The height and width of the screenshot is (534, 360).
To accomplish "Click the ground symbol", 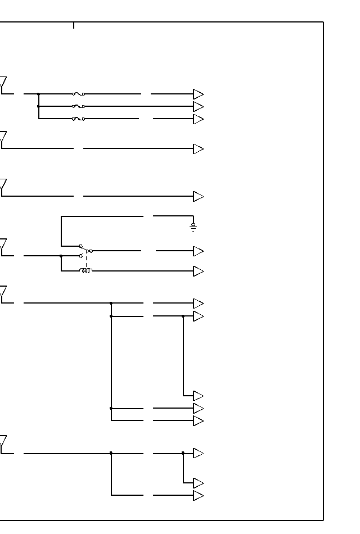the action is [x=193, y=227].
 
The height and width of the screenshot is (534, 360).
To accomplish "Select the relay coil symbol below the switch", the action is [x=85, y=271].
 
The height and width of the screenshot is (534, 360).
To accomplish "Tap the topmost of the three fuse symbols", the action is [x=78, y=94].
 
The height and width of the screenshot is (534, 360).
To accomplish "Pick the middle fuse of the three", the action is [x=78, y=106].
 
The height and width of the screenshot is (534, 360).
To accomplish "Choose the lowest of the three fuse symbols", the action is [x=78, y=119].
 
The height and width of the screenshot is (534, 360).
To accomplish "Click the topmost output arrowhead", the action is [x=198, y=94].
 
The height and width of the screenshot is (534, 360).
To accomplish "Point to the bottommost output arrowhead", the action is [x=198, y=495].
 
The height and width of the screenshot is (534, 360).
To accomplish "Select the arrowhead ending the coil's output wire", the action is [x=198, y=271].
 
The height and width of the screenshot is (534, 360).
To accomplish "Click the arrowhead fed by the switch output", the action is [x=198, y=251].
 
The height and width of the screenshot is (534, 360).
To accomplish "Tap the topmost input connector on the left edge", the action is [x=3, y=85].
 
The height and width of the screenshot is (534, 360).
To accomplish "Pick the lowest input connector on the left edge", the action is [x=3, y=445].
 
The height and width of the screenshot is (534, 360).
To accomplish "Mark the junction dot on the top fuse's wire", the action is [x=38, y=94].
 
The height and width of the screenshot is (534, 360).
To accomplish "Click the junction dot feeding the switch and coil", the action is [x=61, y=256].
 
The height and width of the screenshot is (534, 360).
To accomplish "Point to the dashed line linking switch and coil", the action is [x=86, y=261].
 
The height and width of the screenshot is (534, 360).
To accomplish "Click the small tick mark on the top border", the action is [x=74, y=25].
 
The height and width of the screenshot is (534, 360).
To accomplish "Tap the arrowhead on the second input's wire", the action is [x=198, y=149].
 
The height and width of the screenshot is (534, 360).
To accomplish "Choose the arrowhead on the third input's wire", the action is [x=198, y=196].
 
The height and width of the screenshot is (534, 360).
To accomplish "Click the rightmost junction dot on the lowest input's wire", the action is [x=183, y=452].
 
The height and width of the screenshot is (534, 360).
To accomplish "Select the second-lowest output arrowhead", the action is [x=198, y=483].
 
